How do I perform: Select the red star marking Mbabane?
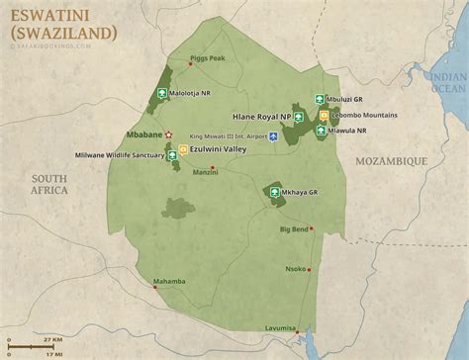pyautogui.click(x=168, y=134)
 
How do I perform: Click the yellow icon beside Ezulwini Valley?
pyautogui.click(x=183, y=150)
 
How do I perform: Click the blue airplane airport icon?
pyautogui.click(x=274, y=135)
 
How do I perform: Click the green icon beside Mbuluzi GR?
pyautogui.click(x=319, y=100)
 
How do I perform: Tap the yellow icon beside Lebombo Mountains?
pyautogui.click(x=324, y=115)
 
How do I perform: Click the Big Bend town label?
pyautogui.click(x=294, y=229)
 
